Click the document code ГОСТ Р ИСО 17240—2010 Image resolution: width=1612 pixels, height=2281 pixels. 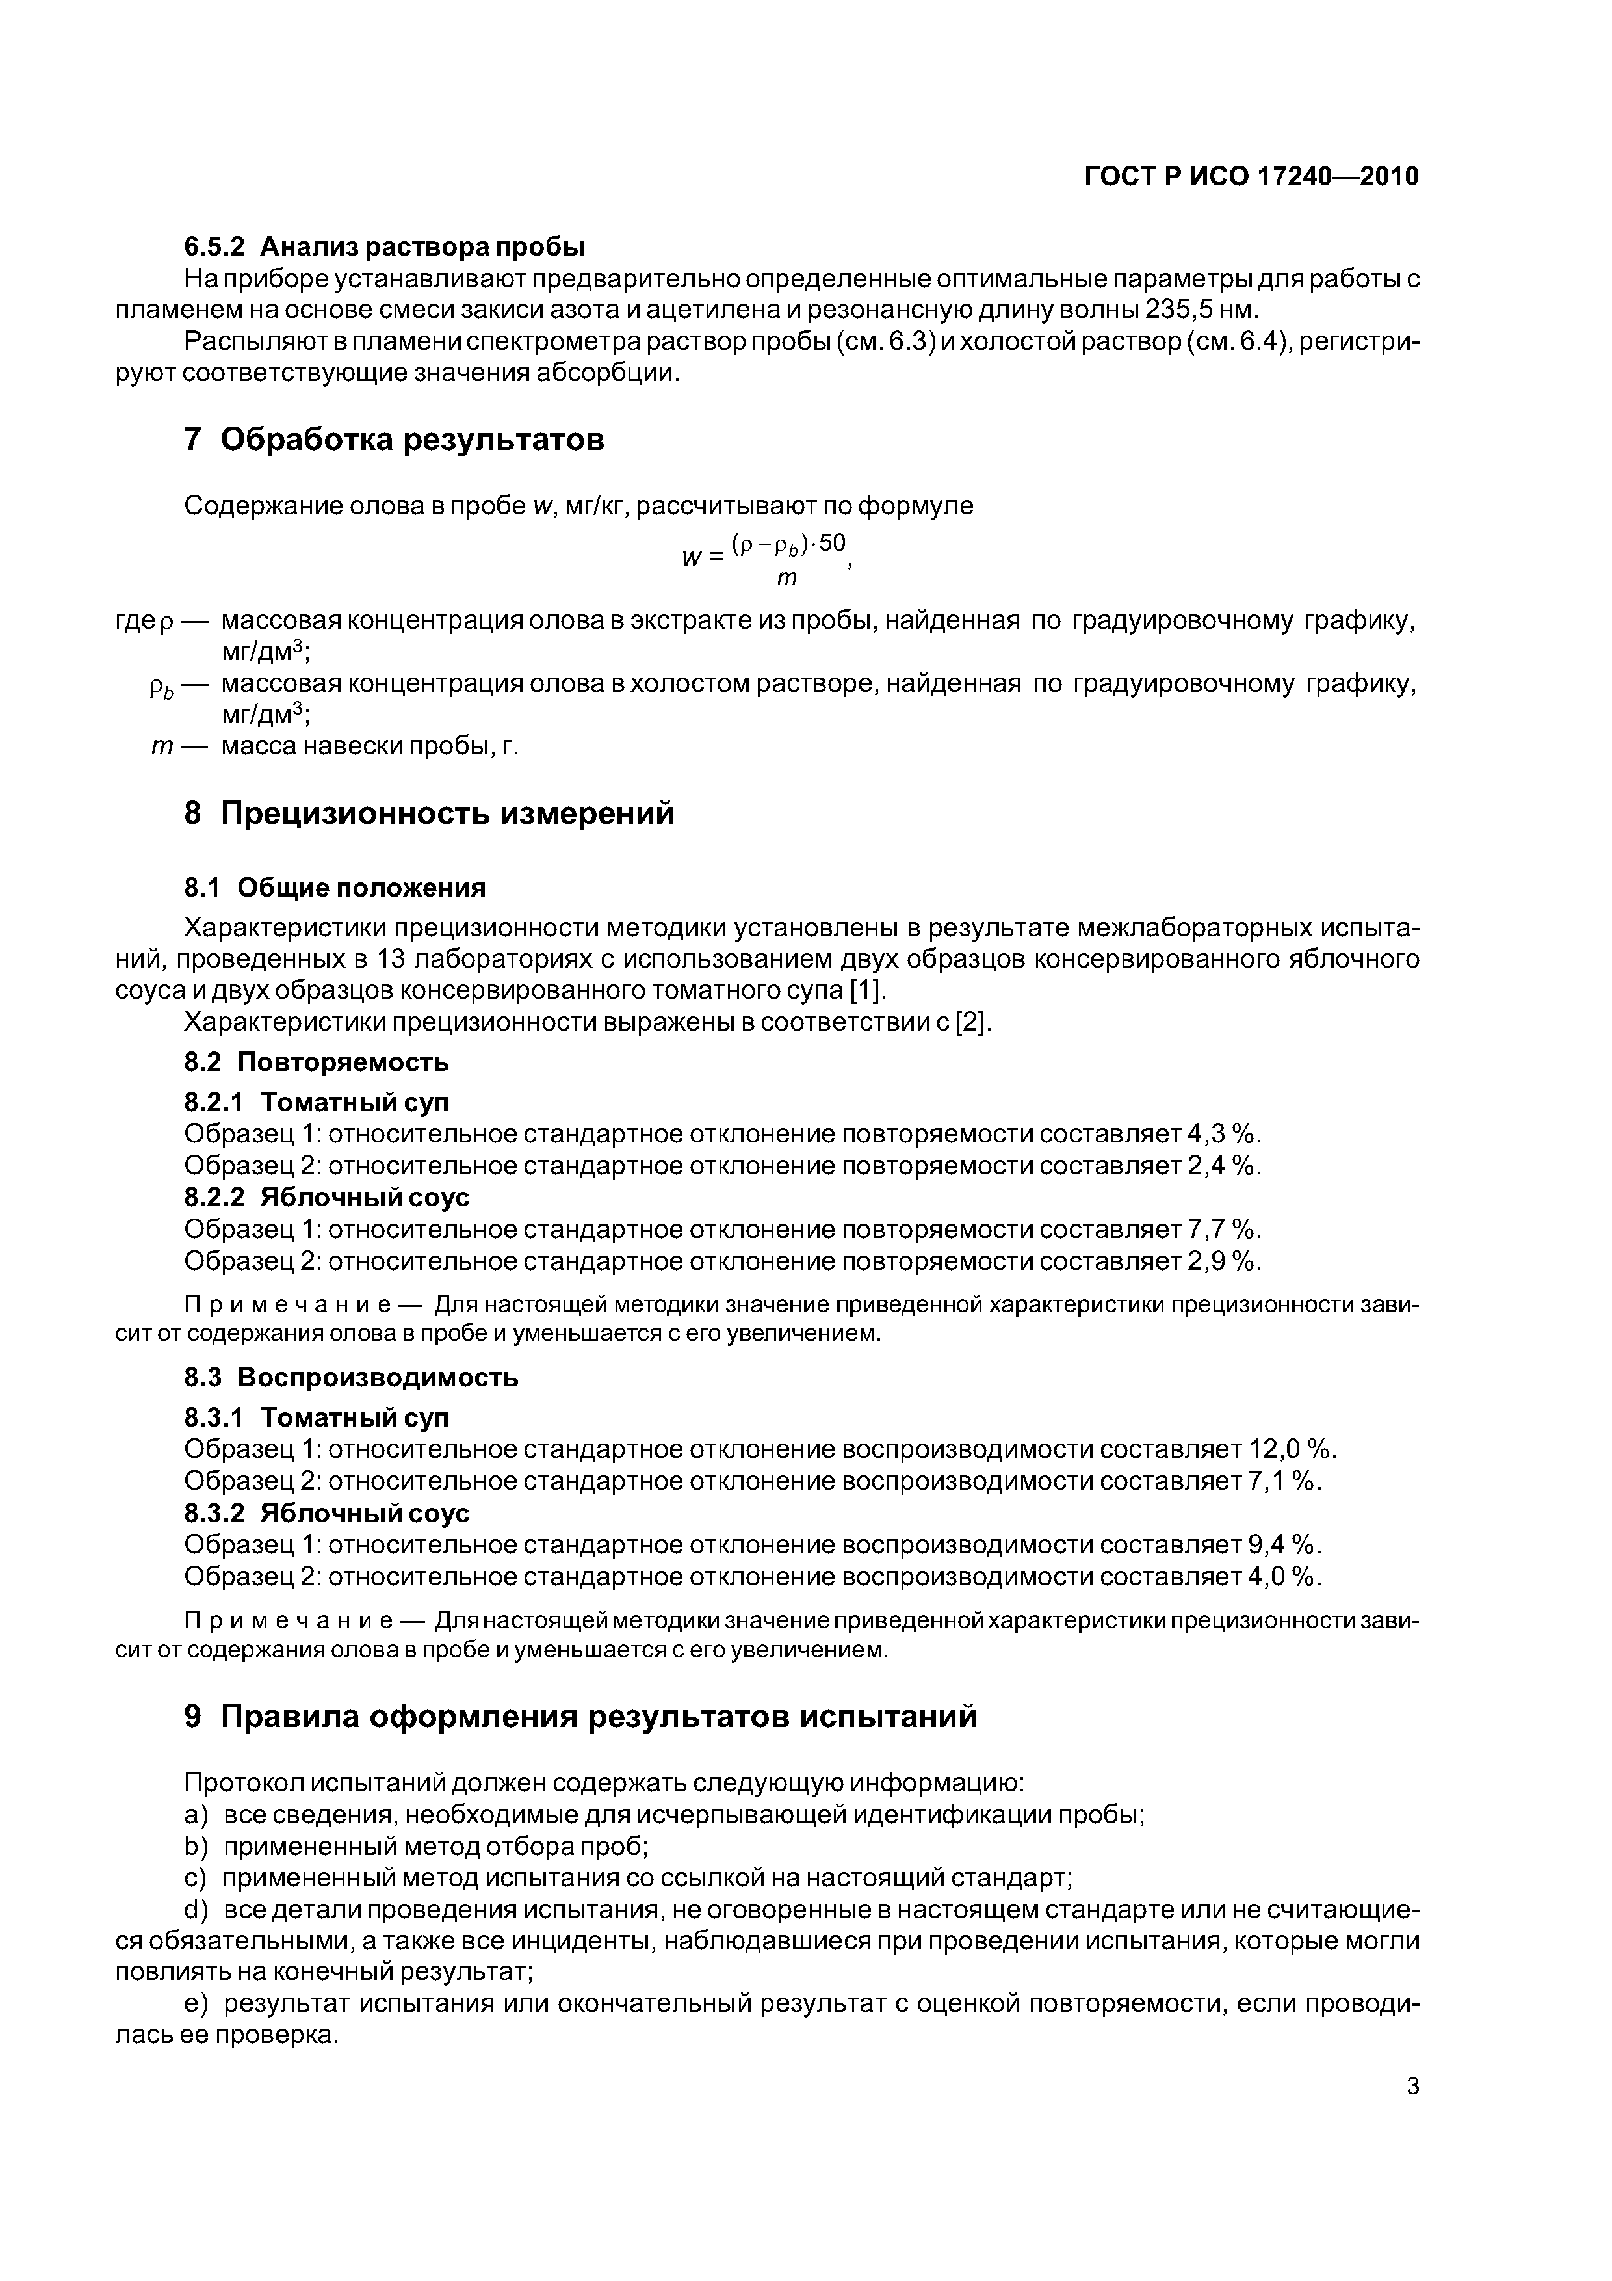coord(1251,177)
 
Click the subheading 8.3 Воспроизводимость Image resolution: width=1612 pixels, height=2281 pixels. coord(352,1377)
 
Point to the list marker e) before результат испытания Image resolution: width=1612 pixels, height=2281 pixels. coord(197,2004)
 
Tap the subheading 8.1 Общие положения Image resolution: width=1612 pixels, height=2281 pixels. coord(335,887)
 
